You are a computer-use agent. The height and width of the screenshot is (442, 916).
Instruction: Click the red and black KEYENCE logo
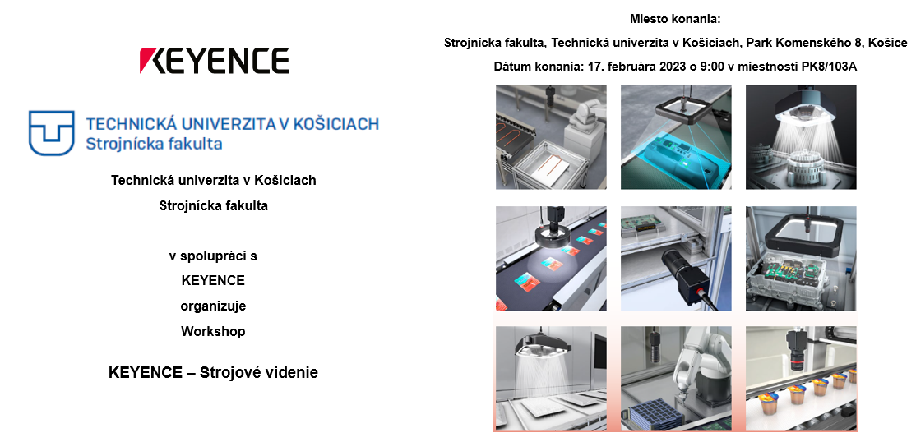[x=215, y=61]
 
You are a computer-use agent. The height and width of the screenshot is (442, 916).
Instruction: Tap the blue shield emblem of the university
[x=52, y=133]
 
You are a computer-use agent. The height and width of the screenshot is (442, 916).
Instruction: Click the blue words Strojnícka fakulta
[x=154, y=143]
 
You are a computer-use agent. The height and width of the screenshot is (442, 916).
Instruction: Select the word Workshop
[x=213, y=332]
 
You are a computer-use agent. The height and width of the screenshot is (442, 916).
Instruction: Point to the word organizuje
[x=213, y=306]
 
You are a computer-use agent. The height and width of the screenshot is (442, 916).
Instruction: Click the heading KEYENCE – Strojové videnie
[x=213, y=372]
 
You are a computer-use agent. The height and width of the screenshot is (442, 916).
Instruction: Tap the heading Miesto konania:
[x=676, y=19]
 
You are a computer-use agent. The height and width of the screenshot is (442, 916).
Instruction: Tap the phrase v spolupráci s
[x=213, y=256]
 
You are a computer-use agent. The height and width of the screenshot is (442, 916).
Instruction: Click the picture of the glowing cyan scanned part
[x=676, y=137]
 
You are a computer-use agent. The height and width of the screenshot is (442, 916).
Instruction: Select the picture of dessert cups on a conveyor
[x=801, y=379]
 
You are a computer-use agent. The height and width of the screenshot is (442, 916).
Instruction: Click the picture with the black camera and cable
[x=676, y=258]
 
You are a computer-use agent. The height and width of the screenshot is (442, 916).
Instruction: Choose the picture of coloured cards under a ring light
[x=551, y=258]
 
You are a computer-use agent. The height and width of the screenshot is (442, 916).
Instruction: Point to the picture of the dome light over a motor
[x=801, y=137]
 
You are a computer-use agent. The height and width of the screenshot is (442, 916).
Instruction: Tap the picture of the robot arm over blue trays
[x=676, y=379]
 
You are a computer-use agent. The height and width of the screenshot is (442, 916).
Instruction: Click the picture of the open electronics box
[x=801, y=258]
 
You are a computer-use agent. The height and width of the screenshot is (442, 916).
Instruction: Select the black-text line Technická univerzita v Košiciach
[x=213, y=181]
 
